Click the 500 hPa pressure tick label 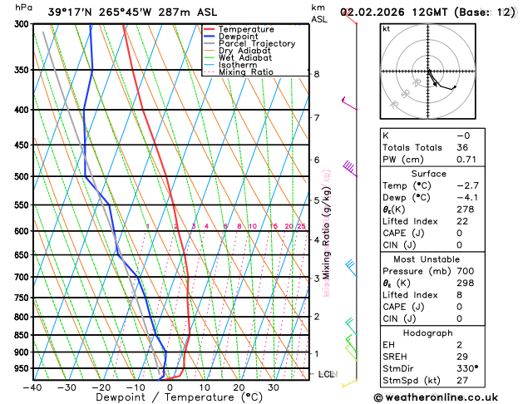(x=22, y=176)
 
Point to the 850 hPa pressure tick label (x=22, y=335)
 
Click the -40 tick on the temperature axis (x=32, y=387)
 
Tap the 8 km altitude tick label (x=316, y=74)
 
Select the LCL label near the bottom (x=326, y=375)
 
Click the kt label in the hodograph (x=386, y=28)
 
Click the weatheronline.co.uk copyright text (x=446, y=397)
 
